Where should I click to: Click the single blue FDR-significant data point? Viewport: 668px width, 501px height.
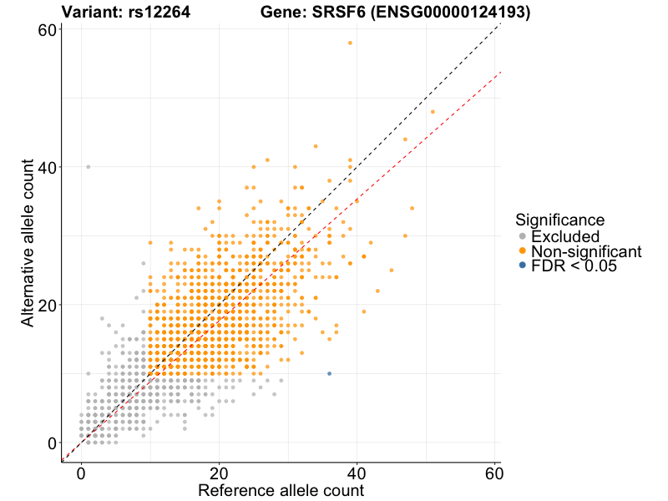pyautogui.click(x=329, y=373)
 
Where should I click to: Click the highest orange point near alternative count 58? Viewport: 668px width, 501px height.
pyautogui.click(x=350, y=43)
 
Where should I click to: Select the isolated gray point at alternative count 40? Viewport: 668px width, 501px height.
pyautogui.click(x=88, y=167)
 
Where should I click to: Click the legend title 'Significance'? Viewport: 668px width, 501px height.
pyautogui.click(x=559, y=220)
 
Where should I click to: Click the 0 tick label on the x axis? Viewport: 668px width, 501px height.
pyautogui.click(x=81, y=473)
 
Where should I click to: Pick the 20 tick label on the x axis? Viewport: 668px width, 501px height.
pyautogui.click(x=219, y=473)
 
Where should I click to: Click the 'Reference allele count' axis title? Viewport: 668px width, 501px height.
pyautogui.click(x=281, y=490)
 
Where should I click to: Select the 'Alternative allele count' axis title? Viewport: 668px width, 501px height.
pyautogui.click(x=28, y=245)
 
